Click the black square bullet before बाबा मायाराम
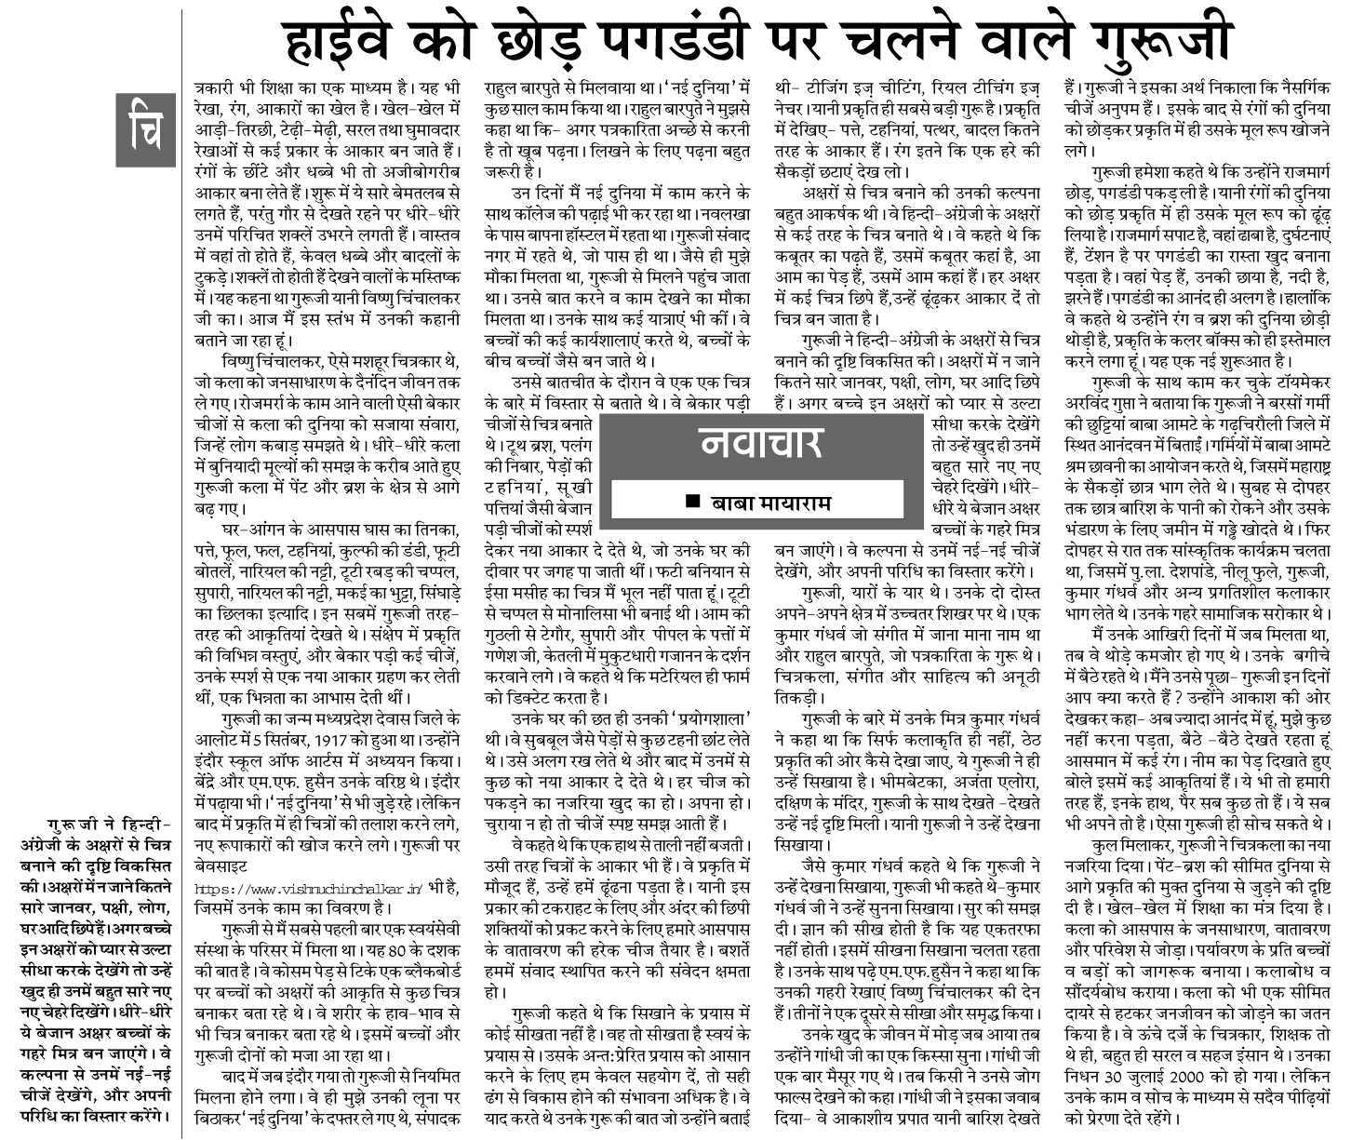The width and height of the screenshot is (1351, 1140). [691, 503]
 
